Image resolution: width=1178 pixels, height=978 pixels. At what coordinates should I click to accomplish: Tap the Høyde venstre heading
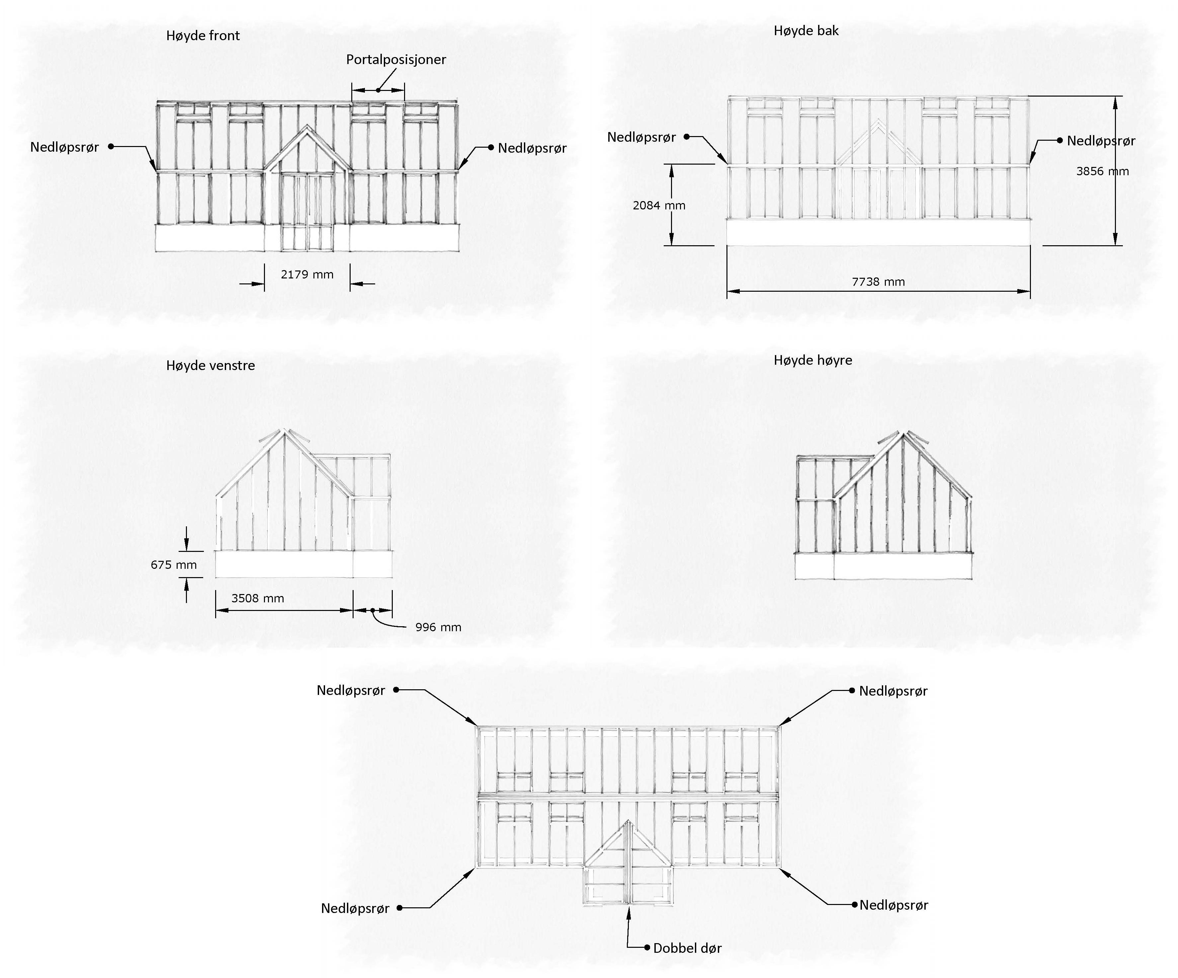click(x=210, y=366)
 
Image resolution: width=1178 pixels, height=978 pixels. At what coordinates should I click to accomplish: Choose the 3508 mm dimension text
click(x=257, y=598)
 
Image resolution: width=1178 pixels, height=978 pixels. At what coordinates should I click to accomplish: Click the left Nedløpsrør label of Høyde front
click(x=64, y=147)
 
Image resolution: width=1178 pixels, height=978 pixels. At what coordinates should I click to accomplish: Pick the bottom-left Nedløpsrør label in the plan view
click(x=355, y=908)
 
